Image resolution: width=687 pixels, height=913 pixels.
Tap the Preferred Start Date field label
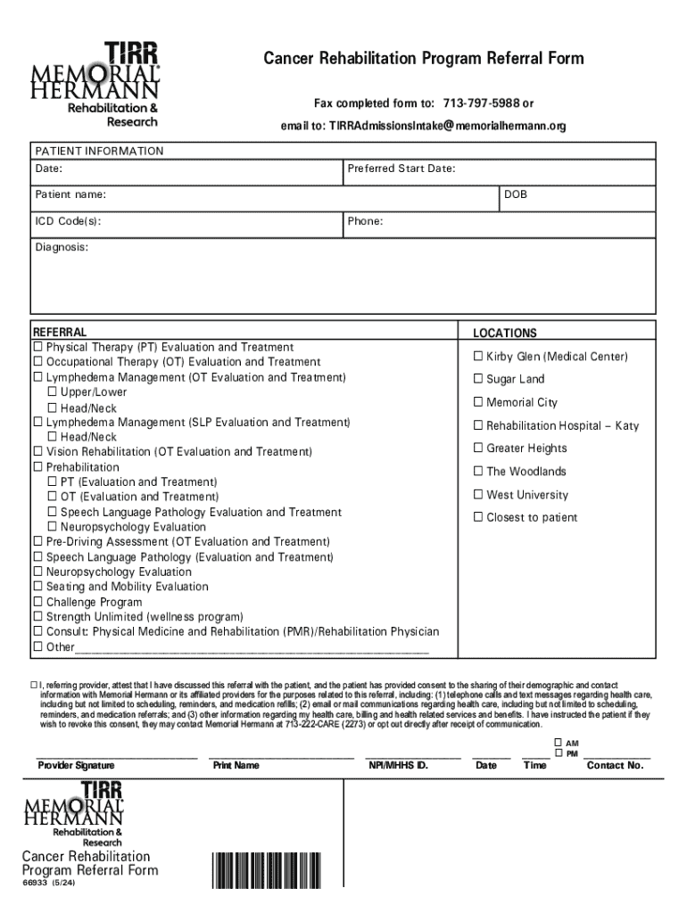coord(401,169)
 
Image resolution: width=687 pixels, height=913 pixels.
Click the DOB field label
coord(516,193)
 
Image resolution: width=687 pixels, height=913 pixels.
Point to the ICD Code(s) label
coord(68,220)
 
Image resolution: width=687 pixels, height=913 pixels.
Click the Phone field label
coord(366,220)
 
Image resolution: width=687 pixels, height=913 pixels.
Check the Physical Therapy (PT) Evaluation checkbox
coord(38,347)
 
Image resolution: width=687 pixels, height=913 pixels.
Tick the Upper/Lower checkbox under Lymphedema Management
coord(53,392)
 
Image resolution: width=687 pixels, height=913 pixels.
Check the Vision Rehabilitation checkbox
coord(38,452)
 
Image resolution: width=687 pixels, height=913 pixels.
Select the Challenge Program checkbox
coord(38,602)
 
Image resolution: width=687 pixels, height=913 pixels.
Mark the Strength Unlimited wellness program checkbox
coord(38,617)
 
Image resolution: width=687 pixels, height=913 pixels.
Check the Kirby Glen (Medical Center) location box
coord(478,357)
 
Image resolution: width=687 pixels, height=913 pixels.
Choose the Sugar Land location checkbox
coord(478,380)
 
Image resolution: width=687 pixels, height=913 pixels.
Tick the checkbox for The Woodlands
coord(478,472)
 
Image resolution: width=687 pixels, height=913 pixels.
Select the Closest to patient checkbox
coord(478,518)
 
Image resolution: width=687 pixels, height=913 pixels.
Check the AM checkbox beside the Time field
coord(559,743)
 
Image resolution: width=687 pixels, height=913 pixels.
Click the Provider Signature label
coord(76,765)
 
